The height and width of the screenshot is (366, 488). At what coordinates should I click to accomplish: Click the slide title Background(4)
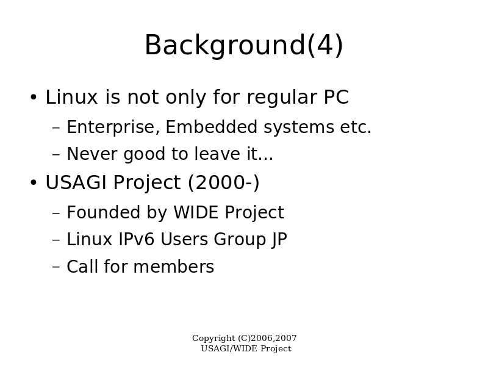[244, 45]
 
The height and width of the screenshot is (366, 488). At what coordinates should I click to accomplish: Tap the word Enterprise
[113, 127]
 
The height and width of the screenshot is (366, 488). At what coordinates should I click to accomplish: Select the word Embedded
[211, 127]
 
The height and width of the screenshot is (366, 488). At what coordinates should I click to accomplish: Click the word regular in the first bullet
[282, 98]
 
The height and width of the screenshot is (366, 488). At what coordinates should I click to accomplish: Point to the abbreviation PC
[336, 97]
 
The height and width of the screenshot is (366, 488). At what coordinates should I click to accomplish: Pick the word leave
[217, 154]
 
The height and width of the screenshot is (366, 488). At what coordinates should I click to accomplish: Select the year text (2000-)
[223, 182]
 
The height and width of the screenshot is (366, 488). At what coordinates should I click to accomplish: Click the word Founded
[103, 212]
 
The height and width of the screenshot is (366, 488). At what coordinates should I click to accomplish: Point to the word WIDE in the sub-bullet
[196, 212]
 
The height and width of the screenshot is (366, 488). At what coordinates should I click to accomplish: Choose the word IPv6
[136, 240]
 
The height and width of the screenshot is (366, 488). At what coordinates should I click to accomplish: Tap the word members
[174, 267]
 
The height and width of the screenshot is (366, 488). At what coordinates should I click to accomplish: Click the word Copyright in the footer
[214, 339]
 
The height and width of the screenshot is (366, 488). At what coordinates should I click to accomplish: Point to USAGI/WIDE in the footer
[229, 348]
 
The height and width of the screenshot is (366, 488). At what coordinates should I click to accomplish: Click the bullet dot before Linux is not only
[34, 97]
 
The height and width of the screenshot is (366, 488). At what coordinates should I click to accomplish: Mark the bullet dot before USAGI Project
[34, 182]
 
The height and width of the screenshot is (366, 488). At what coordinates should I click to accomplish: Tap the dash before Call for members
[56, 267]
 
